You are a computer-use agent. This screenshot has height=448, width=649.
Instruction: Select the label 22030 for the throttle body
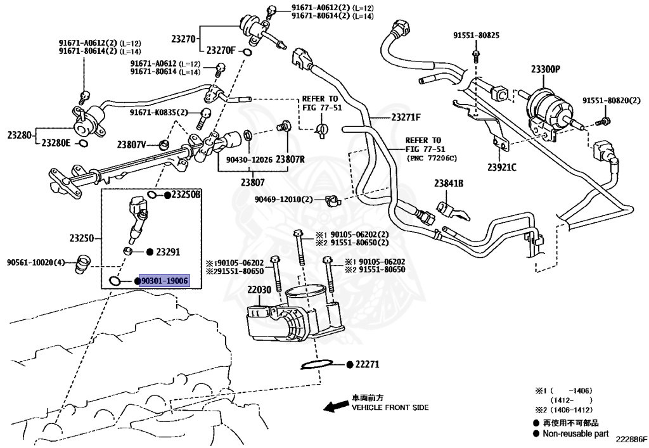click(x=259, y=289)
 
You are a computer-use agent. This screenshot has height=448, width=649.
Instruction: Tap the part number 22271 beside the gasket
click(x=366, y=364)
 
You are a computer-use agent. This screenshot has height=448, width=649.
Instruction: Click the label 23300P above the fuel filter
click(x=545, y=70)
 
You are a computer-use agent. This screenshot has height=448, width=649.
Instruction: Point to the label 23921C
click(x=502, y=167)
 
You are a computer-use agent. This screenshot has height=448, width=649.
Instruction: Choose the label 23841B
click(x=449, y=184)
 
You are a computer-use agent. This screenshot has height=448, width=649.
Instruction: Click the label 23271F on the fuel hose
click(x=406, y=117)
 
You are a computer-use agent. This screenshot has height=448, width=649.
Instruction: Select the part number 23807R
click(x=290, y=160)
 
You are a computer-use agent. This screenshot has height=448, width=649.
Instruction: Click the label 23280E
click(x=56, y=143)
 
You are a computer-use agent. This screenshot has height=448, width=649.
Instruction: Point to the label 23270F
click(x=221, y=50)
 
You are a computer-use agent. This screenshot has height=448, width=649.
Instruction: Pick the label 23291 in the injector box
click(x=168, y=252)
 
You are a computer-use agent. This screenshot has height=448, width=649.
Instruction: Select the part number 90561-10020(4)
click(x=36, y=262)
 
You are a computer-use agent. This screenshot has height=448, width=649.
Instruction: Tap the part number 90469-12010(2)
click(x=284, y=199)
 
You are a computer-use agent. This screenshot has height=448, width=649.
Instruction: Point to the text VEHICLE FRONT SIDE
click(x=390, y=407)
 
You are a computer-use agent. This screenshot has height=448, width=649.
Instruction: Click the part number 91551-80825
click(x=476, y=35)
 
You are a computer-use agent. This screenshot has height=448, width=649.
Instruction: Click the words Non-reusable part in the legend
click(x=575, y=433)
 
